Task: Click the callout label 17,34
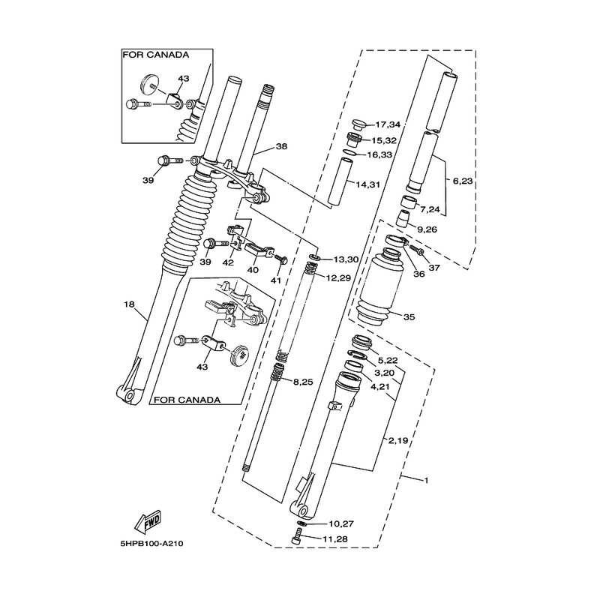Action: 388,124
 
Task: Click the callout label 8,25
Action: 302,382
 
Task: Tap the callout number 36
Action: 418,274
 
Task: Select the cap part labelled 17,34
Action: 358,124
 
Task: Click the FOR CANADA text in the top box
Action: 155,55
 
